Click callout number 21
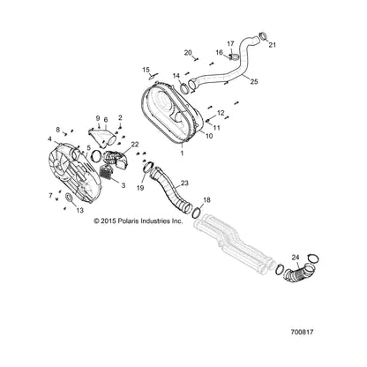pyautogui.click(x=273, y=45)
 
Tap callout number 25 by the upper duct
pyautogui.click(x=254, y=81)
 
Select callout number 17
pyautogui.click(x=230, y=44)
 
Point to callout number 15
pyautogui.click(x=146, y=70)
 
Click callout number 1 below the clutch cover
pyautogui.click(x=182, y=153)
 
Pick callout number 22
pyautogui.click(x=135, y=144)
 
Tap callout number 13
pyautogui.click(x=79, y=211)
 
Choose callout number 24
pyautogui.click(x=296, y=258)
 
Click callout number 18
pyautogui.click(x=206, y=200)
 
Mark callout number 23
pyautogui.click(x=184, y=183)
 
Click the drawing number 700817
pyautogui.click(x=302, y=333)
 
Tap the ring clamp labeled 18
pyautogui.click(x=197, y=213)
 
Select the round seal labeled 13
pyautogui.click(x=70, y=198)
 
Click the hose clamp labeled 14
pyautogui.click(x=185, y=88)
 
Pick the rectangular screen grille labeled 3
pyautogui.click(x=108, y=171)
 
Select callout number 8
pyautogui.click(x=58, y=130)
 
